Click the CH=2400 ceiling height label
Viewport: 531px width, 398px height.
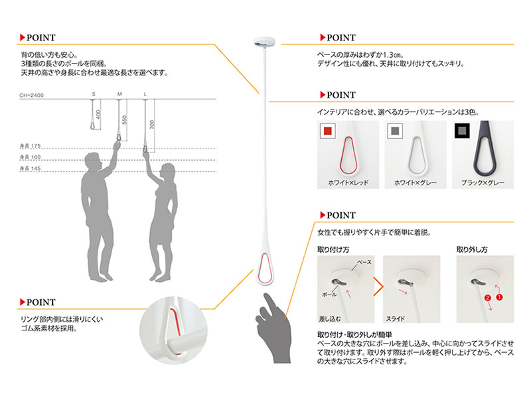click(31, 95)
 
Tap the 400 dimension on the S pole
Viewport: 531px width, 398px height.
click(98, 114)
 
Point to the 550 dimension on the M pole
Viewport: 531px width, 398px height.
click(124, 120)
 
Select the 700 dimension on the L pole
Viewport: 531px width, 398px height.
click(152, 124)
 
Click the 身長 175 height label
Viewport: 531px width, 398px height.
click(30, 146)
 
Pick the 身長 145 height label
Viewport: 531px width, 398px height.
click(30, 168)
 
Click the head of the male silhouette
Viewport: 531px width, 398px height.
click(93, 161)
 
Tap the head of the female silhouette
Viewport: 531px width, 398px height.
click(167, 172)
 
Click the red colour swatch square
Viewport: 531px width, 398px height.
click(327, 131)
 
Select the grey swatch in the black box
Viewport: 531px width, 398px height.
click(462, 131)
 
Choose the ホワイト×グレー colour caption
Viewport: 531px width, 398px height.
click(416, 183)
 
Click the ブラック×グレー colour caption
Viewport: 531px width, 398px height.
click(483, 183)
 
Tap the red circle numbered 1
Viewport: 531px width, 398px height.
click(499, 297)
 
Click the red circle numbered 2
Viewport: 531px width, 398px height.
click(488, 298)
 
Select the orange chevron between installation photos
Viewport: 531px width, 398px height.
click(379, 287)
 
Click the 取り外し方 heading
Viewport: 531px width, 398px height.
click(472, 250)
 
